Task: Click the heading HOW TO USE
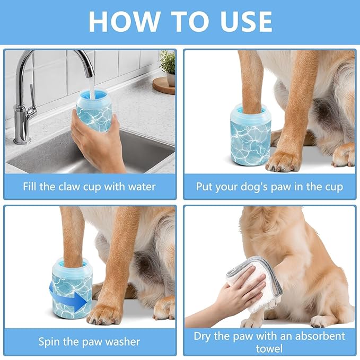coord(180,22)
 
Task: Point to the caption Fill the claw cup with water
coord(89,187)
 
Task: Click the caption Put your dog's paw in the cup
coord(269,187)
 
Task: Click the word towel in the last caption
coord(269,348)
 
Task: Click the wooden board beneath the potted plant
coord(164,85)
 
